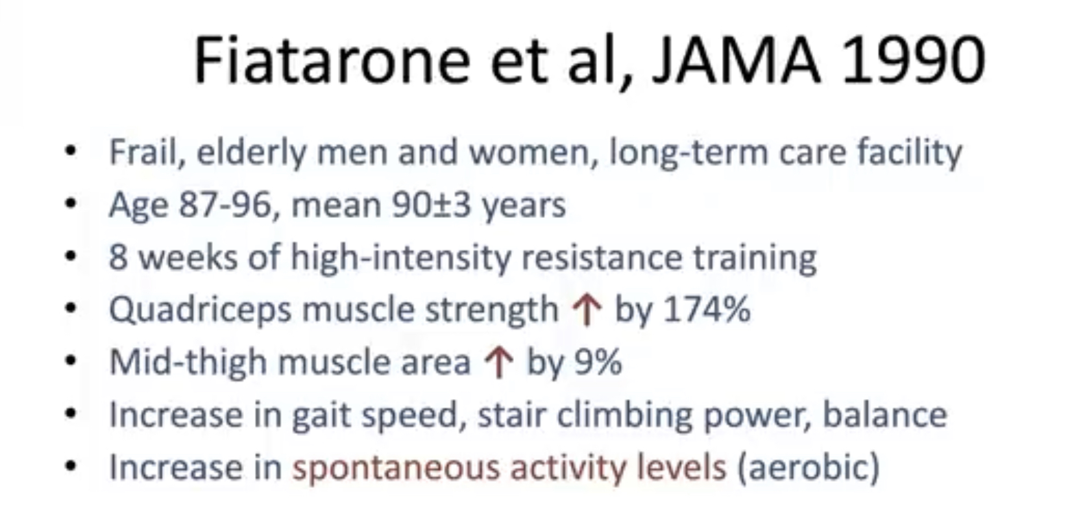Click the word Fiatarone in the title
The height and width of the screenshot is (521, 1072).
coord(333,60)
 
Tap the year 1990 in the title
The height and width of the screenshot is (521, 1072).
coord(913,61)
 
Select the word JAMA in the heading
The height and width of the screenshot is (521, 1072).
coord(737,61)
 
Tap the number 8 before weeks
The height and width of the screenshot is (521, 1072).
coord(119,258)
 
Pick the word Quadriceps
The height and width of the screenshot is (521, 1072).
coord(200,311)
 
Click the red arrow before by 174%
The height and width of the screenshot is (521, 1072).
coord(587,311)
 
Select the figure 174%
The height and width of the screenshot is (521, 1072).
coord(707,310)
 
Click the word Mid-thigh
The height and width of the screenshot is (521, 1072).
coord(188,363)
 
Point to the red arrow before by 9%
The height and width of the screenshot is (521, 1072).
coord(499,363)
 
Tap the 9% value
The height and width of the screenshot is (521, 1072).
coord(598,362)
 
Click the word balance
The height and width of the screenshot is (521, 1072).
coord(884,415)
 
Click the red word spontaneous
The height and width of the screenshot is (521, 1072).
coord(396,468)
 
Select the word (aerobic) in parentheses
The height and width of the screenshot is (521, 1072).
coord(809,467)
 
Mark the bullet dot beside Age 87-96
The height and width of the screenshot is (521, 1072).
coord(70,204)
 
